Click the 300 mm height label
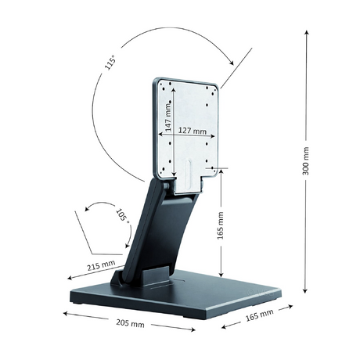[x=306, y=161]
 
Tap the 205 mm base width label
[x=130, y=323]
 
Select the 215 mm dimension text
[x=101, y=265]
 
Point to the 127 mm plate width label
[x=193, y=131]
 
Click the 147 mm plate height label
[x=168, y=117]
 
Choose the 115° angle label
[x=110, y=63]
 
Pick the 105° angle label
[x=122, y=215]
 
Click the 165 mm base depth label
[x=260, y=315]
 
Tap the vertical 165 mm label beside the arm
[x=221, y=225]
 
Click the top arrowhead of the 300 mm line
[x=307, y=32]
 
